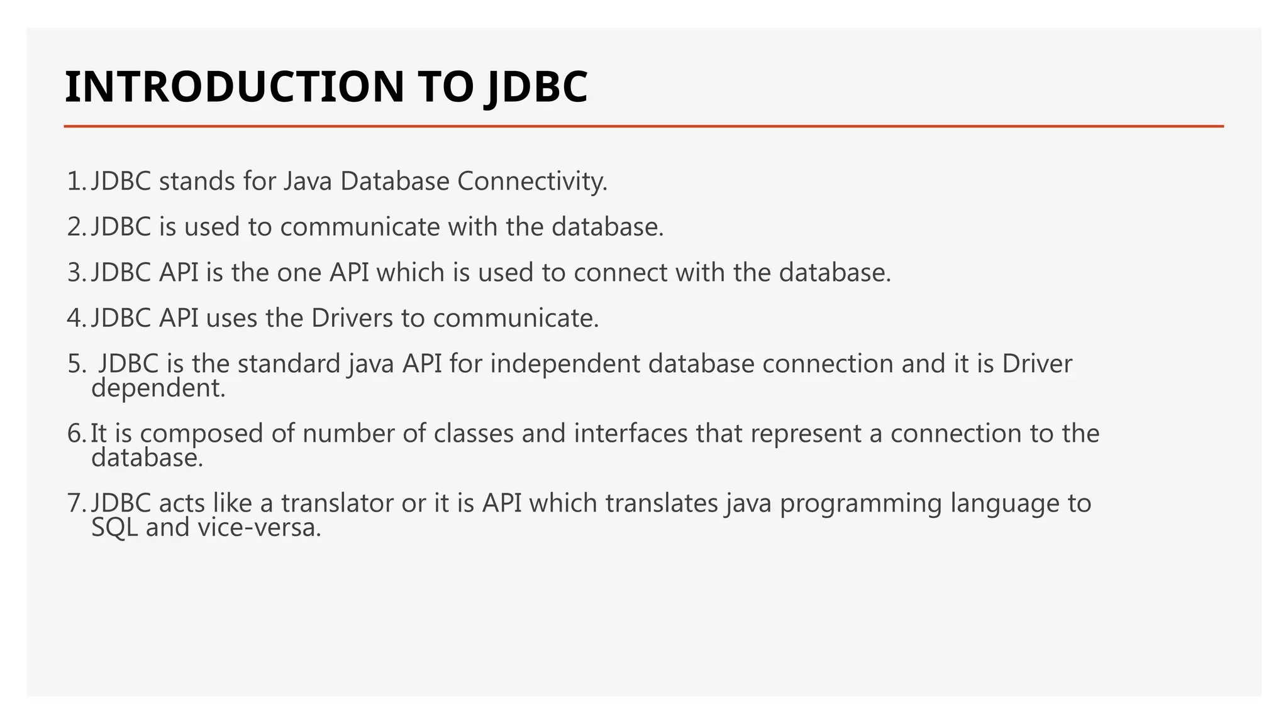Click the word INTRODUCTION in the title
click(x=235, y=87)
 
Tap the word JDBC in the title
click(x=538, y=87)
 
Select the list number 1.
click(x=74, y=182)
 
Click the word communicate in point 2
click(x=360, y=227)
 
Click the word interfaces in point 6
click(x=631, y=434)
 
